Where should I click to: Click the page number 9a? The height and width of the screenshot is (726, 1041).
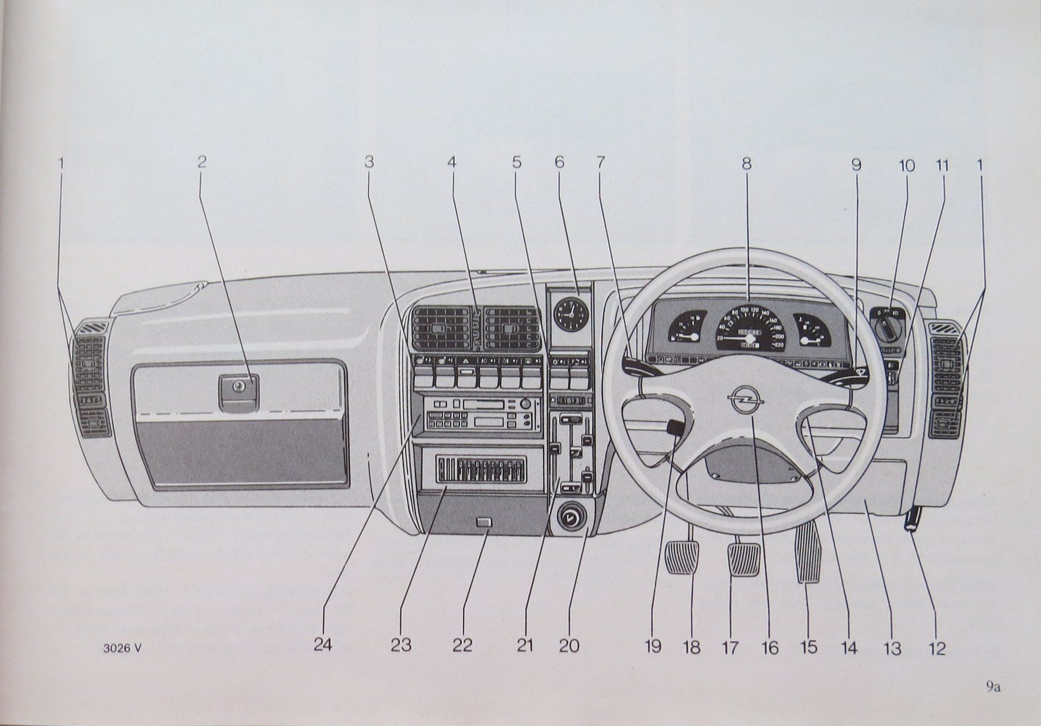(994, 687)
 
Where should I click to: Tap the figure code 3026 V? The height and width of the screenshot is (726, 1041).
(123, 648)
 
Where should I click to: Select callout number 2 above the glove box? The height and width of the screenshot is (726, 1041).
(202, 163)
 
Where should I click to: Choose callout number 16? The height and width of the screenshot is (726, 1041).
(770, 647)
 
